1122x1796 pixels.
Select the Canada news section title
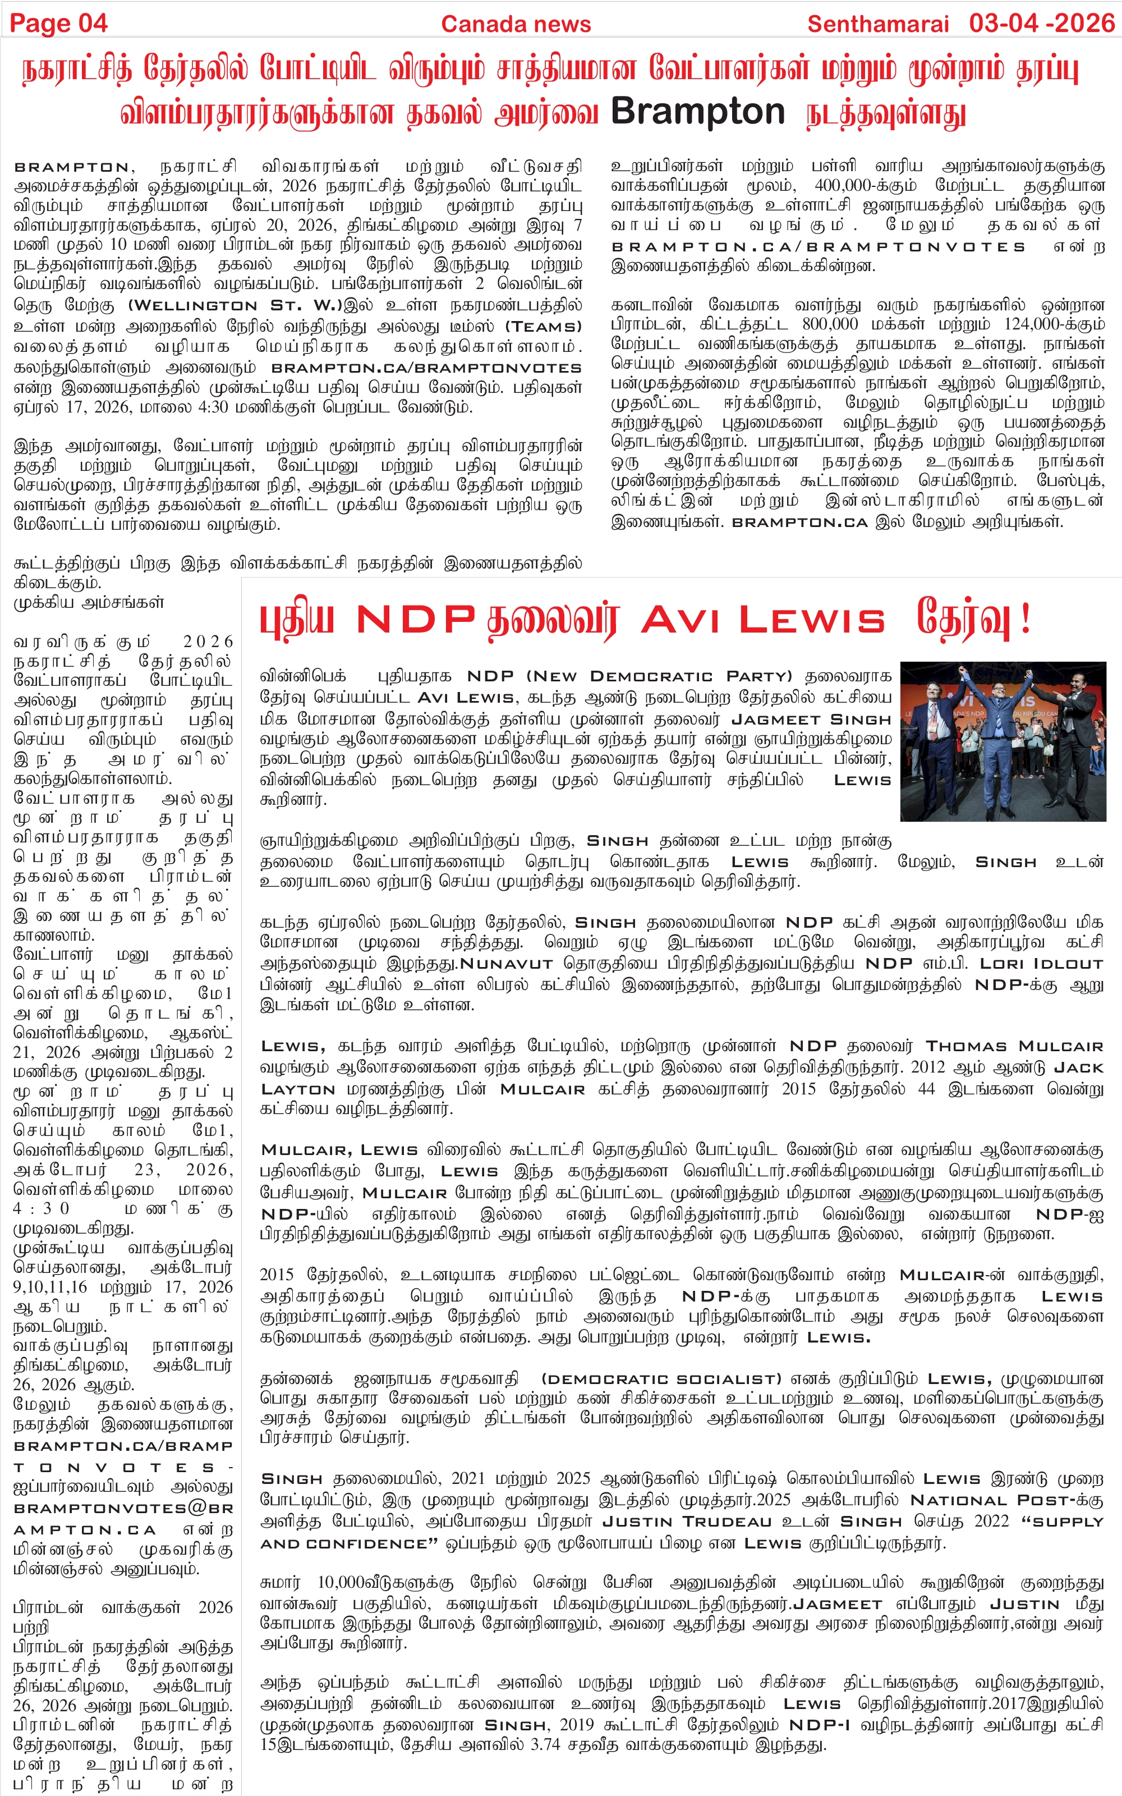516,24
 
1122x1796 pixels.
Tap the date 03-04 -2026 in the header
1042,23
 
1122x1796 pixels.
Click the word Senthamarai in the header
878,24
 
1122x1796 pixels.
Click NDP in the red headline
416,620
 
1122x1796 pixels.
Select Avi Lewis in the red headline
763,620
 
